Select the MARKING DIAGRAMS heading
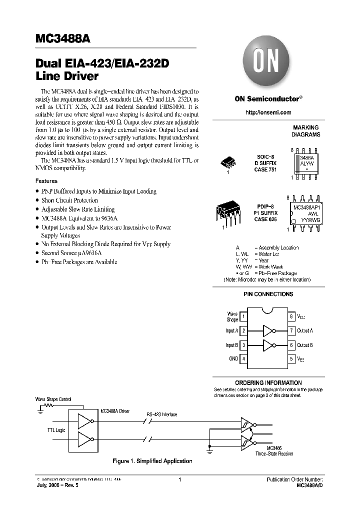[306, 131]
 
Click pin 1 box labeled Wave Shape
[243, 316]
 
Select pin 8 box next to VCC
[291, 316]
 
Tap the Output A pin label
[305, 330]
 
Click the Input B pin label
[232, 345]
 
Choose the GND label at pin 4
[233, 358]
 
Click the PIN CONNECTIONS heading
[268, 294]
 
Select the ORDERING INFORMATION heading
[268, 382]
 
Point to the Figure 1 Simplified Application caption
[152, 460]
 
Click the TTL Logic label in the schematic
[56, 430]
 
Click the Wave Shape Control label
[53, 399]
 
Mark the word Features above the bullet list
[46, 181]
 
